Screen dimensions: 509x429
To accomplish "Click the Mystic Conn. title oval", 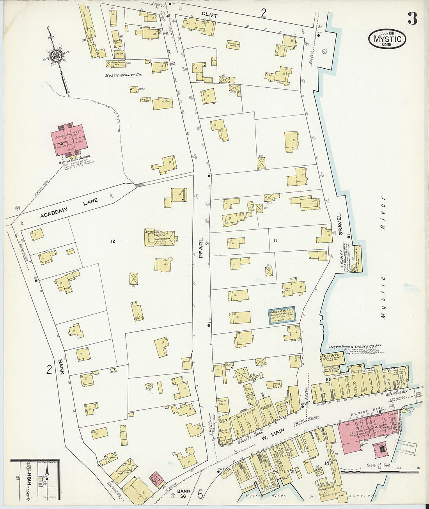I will click(x=387, y=39).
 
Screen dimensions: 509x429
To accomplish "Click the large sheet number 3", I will click(x=412, y=18).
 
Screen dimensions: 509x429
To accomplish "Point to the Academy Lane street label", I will click(x=69, y=208).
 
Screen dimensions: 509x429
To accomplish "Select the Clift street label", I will click(x=209, y=14).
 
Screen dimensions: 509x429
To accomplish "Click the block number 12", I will click(x=113, y=241).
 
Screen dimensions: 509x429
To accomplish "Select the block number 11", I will click(x=275, y=240).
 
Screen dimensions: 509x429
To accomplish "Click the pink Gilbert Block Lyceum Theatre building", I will click(x=367, y=431).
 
